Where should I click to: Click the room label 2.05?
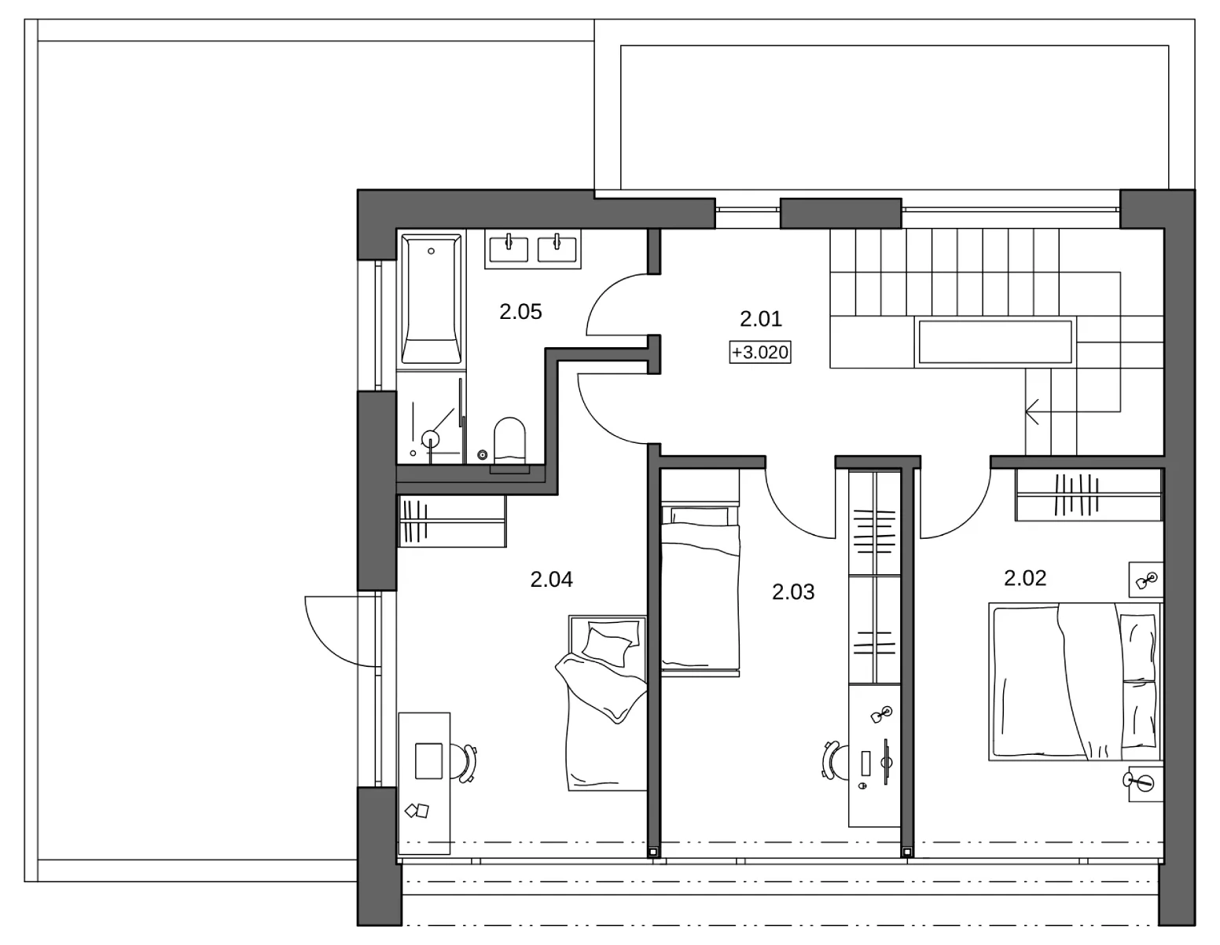520,312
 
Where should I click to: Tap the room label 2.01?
761,319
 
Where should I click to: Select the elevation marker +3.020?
760,352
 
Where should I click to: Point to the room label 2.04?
551,580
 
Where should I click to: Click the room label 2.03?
792,592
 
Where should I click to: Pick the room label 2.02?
1025,578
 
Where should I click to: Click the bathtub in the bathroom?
432,299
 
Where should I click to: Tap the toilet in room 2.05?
510,441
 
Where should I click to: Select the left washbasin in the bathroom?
509,249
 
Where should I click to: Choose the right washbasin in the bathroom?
557,249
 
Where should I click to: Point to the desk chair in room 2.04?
465,762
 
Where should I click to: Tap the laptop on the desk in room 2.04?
428,761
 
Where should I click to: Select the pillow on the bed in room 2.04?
607,646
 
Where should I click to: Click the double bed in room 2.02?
1075,682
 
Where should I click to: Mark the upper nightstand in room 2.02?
1146,580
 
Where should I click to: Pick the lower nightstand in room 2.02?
1146,782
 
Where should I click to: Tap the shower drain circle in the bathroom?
431,438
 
